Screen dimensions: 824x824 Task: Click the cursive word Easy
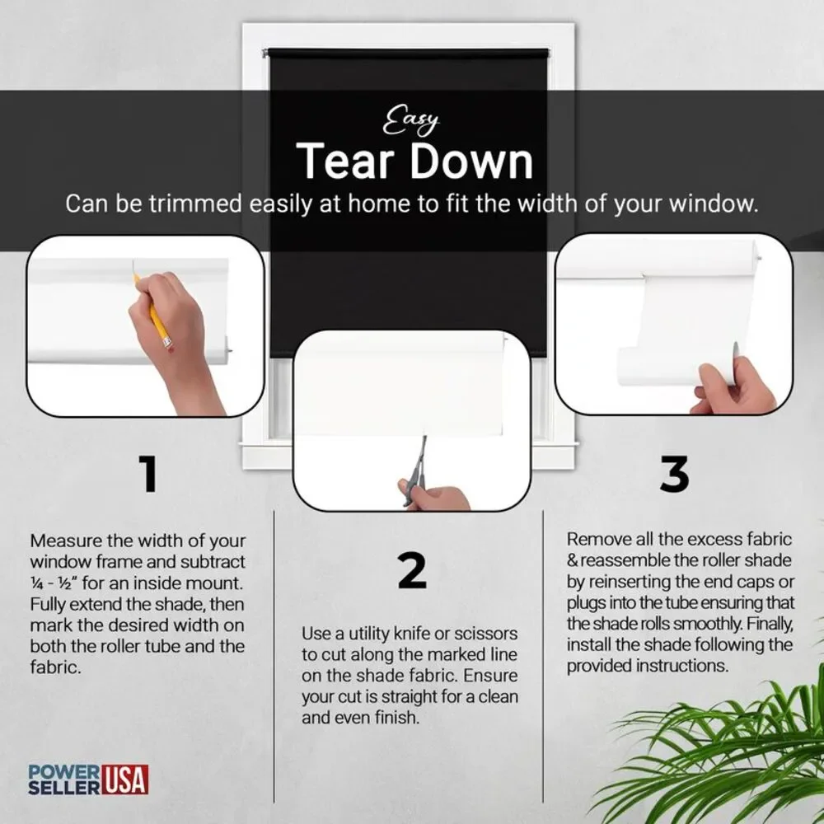[410, 120]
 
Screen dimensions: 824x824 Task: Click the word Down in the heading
[471, 161]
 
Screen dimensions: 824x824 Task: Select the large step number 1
[148, 474]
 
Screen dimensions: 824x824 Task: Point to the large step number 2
[412, 570]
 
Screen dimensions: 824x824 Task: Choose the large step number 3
[674, 474]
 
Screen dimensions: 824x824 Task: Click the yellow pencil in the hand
[153, 311]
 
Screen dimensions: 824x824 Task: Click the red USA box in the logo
[124, 780]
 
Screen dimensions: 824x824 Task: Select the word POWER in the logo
[63, 773]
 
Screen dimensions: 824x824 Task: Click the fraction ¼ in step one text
[37, 584]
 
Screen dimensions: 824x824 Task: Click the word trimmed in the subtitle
[195, 204]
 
